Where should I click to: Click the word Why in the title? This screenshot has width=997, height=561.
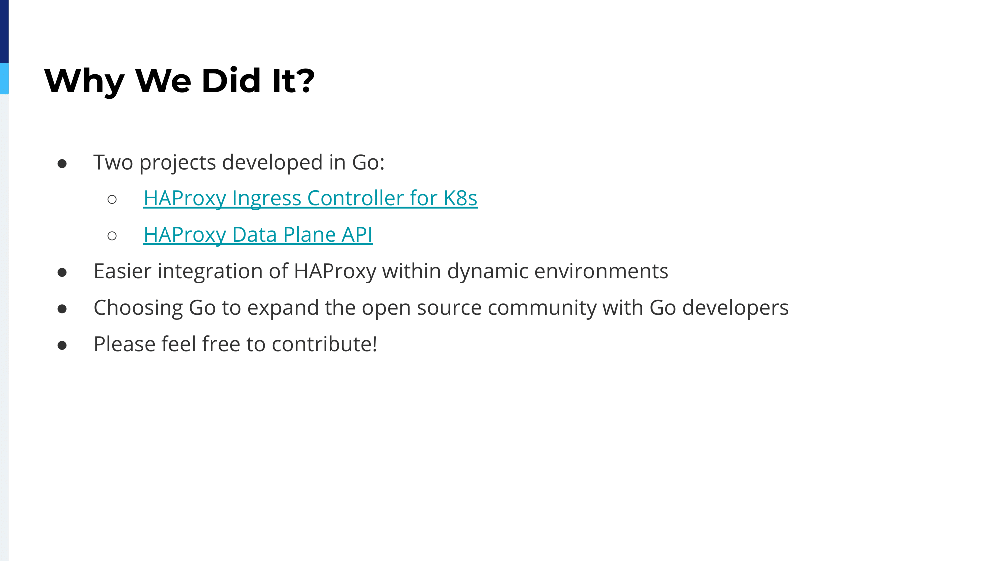pyautogui.click(x=84, y=81)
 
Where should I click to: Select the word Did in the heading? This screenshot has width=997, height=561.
pyautogui.click(x=231, y=80)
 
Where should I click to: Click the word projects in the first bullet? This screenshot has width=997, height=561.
pyautogui.click(x=177, y=163)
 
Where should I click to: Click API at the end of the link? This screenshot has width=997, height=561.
pyautogui.click(x=357, y=234)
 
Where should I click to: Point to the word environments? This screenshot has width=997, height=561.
pyautogui.click(x=601, y=271)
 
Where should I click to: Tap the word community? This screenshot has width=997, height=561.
pyautogui.click(x=542, y=308)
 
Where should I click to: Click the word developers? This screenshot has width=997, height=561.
pyautogui.click(x=735, y=308)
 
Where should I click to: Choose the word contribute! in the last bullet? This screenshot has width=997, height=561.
pyautogui.click(x=324, y=344)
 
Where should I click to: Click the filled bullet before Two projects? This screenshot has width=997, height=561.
pyautogui.click(x=62, y=164)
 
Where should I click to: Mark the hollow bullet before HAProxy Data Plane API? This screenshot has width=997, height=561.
pyautogui.click(x=112, y=236)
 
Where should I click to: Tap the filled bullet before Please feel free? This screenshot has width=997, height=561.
pyautogui.click(x=62, y=345)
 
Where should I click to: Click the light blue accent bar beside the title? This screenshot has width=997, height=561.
pyautogui.click(x=4, y=79)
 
